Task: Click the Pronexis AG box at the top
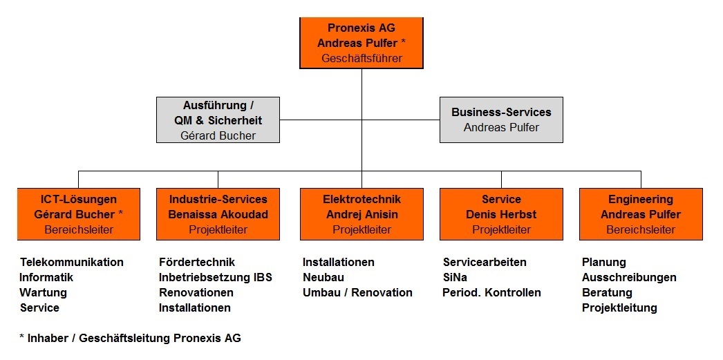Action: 361,43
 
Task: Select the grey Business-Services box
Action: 501,120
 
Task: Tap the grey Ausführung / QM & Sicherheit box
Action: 218,120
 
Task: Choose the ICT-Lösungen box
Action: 79,214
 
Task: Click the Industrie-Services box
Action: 218,214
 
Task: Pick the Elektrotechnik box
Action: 361,214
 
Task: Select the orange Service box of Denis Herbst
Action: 501,214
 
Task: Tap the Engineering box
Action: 641,214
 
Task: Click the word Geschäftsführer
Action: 362,59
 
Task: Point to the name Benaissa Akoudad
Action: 218,214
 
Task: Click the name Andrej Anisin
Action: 362,214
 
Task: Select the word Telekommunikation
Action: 72,263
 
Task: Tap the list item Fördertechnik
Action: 197,263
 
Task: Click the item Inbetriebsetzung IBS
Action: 216,278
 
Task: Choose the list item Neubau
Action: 323,278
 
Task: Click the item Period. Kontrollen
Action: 491,293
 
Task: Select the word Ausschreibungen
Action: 629,278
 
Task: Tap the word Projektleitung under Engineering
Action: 619,308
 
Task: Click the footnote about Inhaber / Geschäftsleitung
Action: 130,339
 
